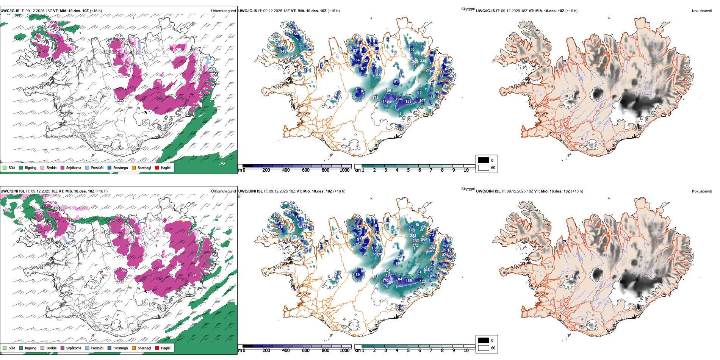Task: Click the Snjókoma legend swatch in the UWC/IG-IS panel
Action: pos(63,167)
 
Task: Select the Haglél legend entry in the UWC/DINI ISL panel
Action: pos(157,348)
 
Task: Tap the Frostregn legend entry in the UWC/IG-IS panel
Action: pos(110,167)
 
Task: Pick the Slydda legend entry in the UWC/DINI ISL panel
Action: pos(42,348)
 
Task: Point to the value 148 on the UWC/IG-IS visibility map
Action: pos(283,52)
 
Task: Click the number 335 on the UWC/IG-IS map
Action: pos(423,61)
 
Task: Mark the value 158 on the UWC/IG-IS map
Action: pos(408,101)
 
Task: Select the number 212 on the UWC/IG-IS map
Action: pos(294,56)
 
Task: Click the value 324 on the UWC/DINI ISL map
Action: pos(432,248)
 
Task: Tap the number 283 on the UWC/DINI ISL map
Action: pos(413,236)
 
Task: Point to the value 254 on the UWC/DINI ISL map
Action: pos(387,271)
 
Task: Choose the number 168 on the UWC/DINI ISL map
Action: pos(409,281)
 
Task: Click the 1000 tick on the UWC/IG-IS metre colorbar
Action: pos(344,170)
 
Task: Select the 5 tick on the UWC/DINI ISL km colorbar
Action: pos(408,351)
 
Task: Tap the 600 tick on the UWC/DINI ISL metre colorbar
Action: pos(306,351)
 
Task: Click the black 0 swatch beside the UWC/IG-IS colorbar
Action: pos(484,160)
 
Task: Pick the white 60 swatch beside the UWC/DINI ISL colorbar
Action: pos(484,348)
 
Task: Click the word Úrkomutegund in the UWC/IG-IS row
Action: pos(223,11)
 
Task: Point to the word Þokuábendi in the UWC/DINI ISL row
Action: pos(702,191)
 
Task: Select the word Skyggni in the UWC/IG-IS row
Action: pos(468,9)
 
